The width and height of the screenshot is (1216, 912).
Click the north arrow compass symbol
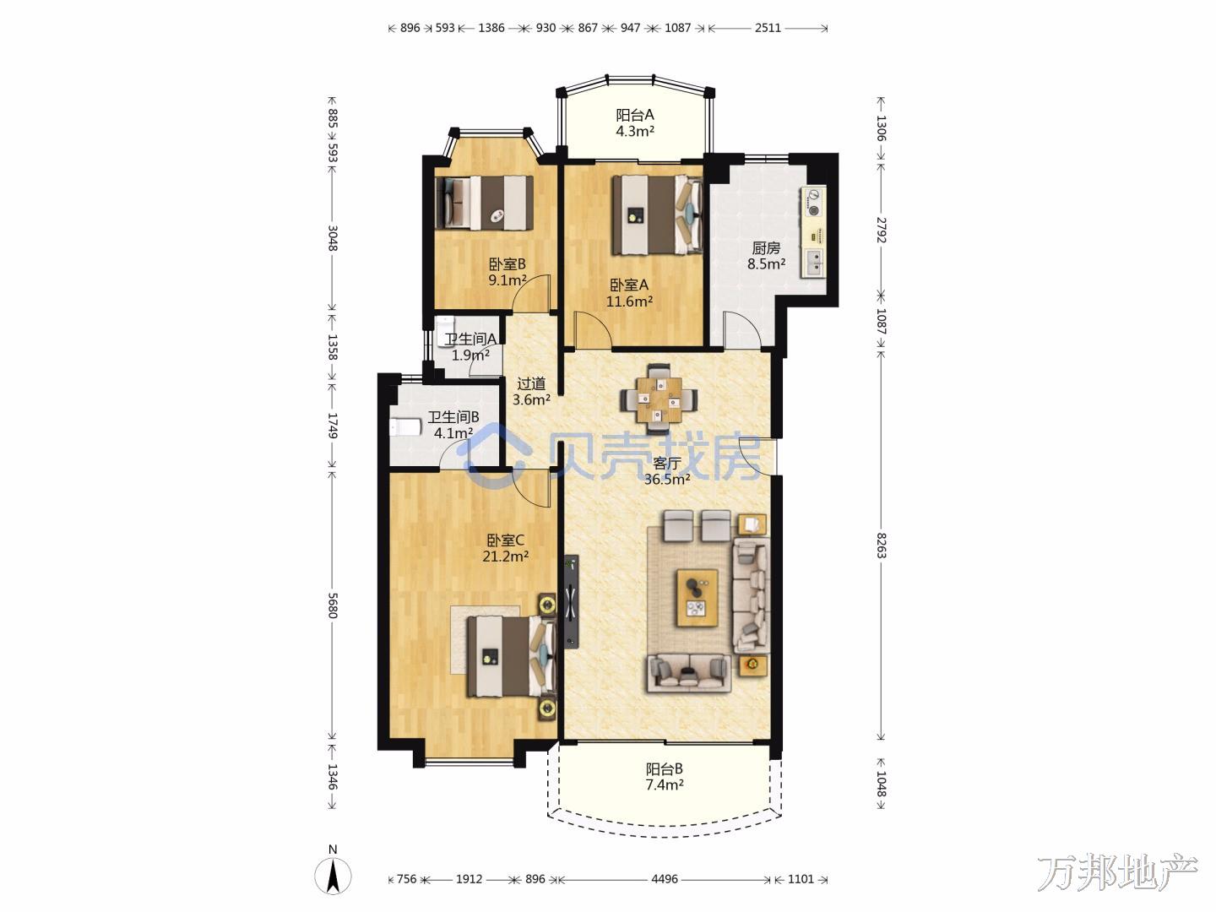333,876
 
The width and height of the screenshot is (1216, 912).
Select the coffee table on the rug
697,598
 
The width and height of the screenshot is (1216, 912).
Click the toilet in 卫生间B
405,428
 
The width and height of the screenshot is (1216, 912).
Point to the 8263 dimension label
882,546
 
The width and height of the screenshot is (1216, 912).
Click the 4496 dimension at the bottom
665,879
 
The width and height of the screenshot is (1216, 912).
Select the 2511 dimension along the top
768,28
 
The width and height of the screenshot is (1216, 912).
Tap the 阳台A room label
635,115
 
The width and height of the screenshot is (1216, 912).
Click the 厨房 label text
766,248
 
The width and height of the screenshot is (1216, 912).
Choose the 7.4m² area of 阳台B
665,784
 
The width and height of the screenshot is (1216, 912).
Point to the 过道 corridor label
531,383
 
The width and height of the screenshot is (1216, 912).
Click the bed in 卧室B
484,203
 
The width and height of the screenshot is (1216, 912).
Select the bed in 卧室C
512,656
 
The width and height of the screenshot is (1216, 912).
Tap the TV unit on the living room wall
572,601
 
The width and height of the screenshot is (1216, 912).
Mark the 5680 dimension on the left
333,605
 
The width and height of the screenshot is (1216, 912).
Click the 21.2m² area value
505,556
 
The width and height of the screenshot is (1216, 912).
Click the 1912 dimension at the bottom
469,879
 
